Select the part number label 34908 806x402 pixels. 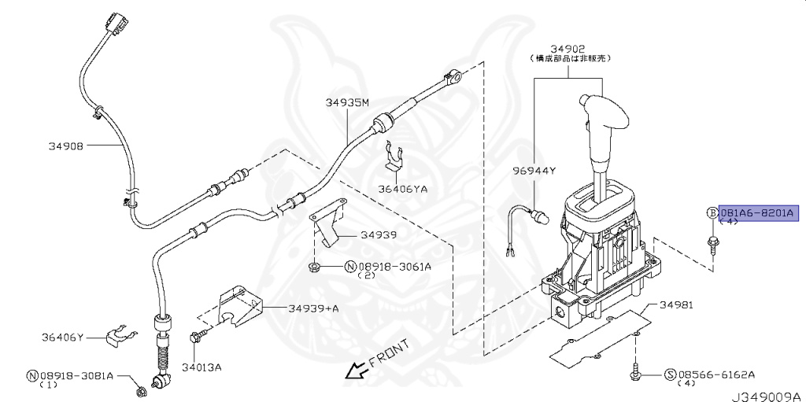point(66,146)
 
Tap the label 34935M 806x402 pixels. point(347,103)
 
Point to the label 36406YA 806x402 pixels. point(403,189)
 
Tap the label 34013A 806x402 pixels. point(201,367)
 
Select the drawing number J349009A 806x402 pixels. point(768,396)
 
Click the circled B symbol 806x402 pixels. point(712,213)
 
